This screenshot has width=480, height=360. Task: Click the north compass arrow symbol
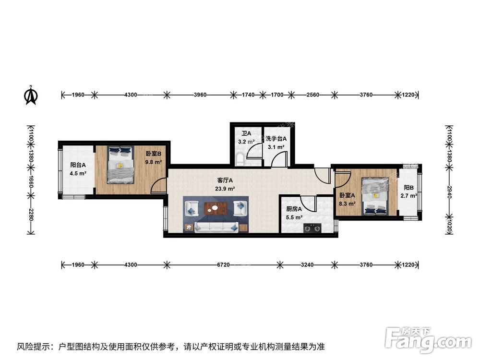point(31,95)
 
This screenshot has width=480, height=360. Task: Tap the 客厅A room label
point(225,180)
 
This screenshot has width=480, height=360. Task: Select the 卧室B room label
point(154,154)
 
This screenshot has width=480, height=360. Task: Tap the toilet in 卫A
point(240,159)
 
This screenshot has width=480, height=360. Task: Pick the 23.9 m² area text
point(225,189)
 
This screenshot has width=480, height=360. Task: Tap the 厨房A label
point(294,209)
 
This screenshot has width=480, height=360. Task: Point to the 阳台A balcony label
point(78,165)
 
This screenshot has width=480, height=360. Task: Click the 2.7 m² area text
point(409,196)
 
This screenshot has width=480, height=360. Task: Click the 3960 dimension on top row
point(200,95)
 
